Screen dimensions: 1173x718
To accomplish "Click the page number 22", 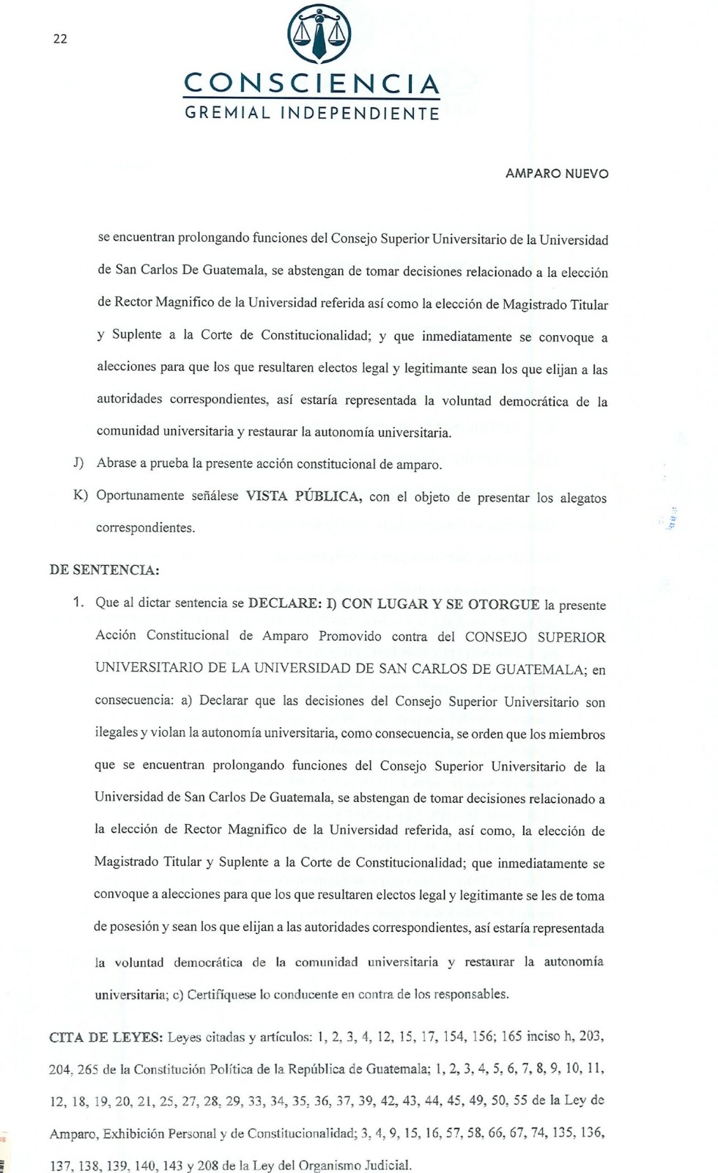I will (60, 39).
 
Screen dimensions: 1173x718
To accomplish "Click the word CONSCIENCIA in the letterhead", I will (311, 84).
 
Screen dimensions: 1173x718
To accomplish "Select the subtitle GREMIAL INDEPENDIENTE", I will (312, 114).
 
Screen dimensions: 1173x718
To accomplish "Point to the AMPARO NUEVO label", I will (557, 174).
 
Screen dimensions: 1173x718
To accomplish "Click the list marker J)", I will (78, 463).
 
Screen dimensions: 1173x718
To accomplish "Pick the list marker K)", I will (80, 495).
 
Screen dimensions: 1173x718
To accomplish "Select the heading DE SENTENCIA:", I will (104, 570).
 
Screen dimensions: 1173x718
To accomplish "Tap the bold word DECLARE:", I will (284, 603).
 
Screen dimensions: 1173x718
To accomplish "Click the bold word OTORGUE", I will (503, 604).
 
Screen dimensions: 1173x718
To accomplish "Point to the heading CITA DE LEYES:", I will (106, 1037).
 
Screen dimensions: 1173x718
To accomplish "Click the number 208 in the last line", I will (207, 1165).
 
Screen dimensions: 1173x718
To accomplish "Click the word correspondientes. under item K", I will (145, 528).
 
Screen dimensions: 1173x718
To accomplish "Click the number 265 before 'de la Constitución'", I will (87, 1070).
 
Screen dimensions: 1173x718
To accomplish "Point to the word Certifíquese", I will (221, 995).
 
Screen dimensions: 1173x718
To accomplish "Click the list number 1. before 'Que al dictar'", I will (78, 603).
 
